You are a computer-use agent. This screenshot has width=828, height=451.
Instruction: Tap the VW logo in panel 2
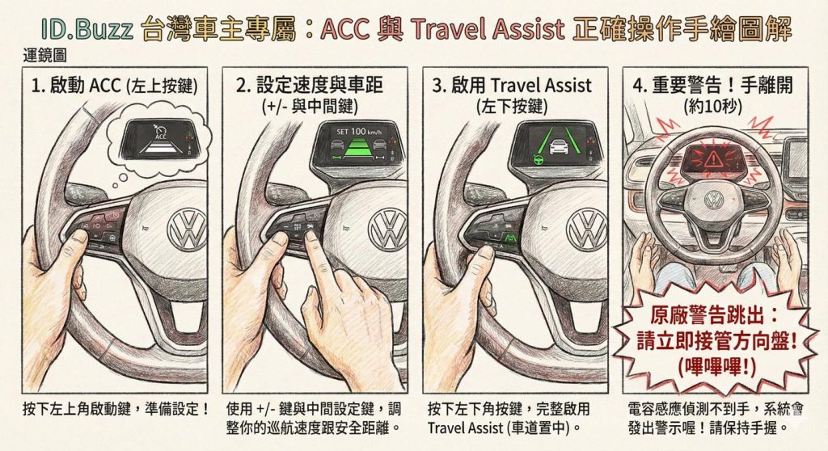pyautogui.click(x=387, y=229)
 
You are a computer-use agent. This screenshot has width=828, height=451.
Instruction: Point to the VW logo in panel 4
pyautogui.click(x=714, y=200)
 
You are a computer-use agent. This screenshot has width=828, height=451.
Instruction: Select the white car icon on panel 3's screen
pyautogui.click(x=558, y=147)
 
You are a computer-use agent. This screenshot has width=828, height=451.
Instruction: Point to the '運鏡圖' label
pyautogui.click(x=45, y=58)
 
